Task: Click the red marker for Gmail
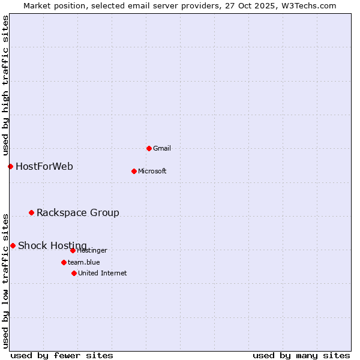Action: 149,148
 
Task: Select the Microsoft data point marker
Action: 134,171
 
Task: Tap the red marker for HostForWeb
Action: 10,166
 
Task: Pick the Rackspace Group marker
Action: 31,212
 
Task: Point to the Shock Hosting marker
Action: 13,245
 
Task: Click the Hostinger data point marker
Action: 73,250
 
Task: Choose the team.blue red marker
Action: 64,262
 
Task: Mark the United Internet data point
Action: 74,273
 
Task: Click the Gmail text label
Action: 162,148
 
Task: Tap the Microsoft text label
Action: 152,171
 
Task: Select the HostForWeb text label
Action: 44,166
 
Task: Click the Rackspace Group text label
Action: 78,212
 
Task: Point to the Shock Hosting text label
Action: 52,245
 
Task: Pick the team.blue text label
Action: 84,262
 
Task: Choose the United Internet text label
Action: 102,273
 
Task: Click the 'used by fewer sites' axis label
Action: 62,355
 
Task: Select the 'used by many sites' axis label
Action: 301,355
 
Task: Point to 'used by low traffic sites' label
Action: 5,280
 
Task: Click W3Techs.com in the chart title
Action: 306,5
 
